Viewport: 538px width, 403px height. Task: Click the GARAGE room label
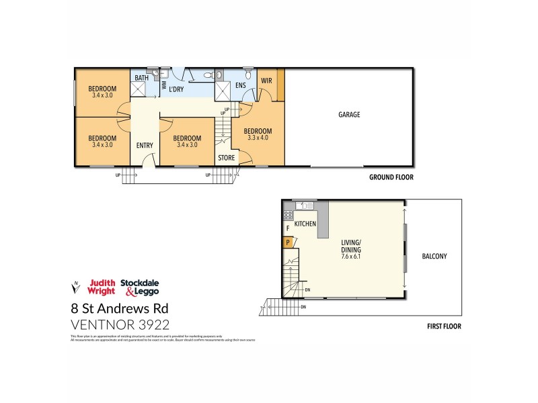point(349,115)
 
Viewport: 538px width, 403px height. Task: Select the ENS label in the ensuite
point(241,85)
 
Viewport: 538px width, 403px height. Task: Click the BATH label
point(141,78)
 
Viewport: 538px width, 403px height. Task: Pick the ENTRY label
point(144,146)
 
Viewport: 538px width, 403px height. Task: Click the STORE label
point(225,159)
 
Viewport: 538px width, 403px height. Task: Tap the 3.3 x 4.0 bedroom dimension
point(258,138)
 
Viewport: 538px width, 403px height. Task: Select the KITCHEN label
point(305,222)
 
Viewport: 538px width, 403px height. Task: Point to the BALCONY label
point(434,256)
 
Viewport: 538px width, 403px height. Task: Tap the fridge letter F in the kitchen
point(287,228)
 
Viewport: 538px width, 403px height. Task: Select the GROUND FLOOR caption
point(391,177)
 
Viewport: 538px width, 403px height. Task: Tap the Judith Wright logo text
point(102,287)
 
